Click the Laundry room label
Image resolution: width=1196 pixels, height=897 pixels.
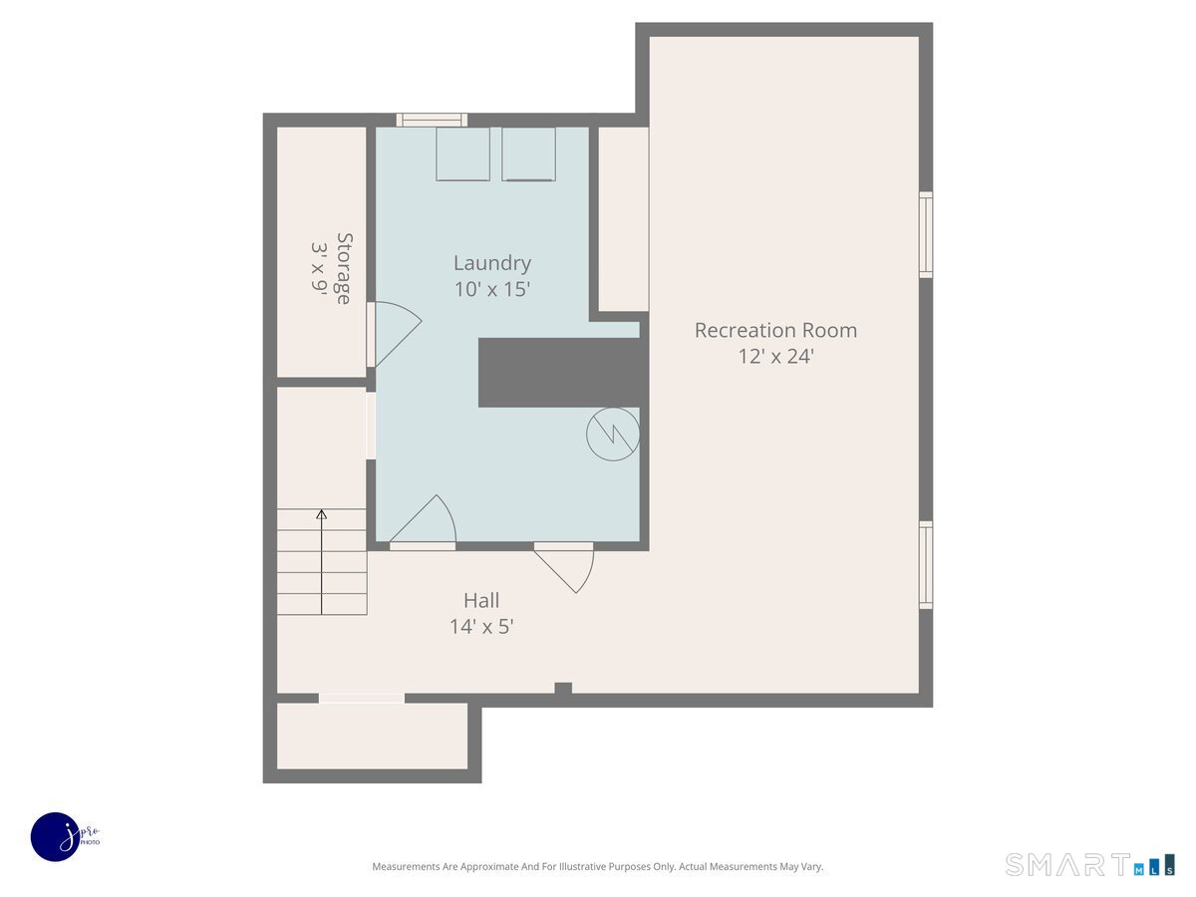(x=491, y=263)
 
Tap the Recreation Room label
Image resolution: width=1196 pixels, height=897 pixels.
(x=775, y=330)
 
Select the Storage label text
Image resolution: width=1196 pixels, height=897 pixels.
(x=344, y=268)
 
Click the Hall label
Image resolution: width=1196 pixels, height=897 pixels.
(x=481, y=600)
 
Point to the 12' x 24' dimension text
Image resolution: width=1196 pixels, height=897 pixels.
(x=775, y=357)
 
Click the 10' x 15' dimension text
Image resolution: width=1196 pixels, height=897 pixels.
(x=491, y=290)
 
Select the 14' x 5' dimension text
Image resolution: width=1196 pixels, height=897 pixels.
(x=481, y=627)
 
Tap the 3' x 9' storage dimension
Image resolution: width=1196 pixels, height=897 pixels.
(x=319, y=268)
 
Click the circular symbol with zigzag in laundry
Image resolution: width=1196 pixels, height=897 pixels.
(x=612, y=434)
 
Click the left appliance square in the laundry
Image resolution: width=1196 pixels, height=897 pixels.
(x=462, y=153)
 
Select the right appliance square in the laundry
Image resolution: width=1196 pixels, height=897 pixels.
(x=528, y=153)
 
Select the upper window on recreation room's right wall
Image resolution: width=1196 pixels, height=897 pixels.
(x=926, y=234)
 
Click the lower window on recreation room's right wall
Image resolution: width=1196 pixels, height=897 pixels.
(x=926, y=565)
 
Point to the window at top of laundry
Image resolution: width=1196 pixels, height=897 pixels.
(x=432, y=120)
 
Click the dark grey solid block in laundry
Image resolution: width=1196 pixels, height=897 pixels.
(x=558, y=373)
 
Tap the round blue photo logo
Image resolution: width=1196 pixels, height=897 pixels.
(x=56, y=836)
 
